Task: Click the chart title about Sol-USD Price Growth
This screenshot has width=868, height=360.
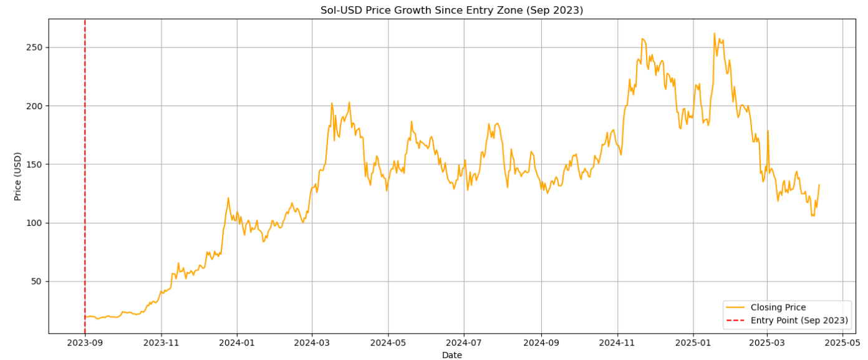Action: click(x=451, y=10)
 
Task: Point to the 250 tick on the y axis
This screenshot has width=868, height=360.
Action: click(x=36, y=47)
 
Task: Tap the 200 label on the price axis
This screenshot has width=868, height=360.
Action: click(x=36, y=106)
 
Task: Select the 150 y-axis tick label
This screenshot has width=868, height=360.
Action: click(x=36, y=164)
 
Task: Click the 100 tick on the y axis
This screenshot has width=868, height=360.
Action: click(x=36, y=223)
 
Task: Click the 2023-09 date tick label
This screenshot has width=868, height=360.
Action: click(x=85, y=342)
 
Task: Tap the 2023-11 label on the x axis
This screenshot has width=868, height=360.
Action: click(x=161, y=342)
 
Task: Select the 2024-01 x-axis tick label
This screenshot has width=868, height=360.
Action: click(x=237, y=342)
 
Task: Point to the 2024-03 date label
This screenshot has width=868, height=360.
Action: click(x=312, y=342)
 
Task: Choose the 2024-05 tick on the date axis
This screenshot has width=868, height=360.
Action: click(x=388, y=342)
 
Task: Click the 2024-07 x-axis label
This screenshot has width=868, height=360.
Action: click(x=463, y=342)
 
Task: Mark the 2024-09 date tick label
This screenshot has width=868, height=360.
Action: click(x=541, y=342)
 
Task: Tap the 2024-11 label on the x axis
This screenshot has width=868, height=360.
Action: click(x=617, y=342)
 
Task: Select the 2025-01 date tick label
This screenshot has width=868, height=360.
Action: click(x=693, y=342)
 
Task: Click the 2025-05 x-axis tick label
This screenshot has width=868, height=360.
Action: click(x=842, y=342)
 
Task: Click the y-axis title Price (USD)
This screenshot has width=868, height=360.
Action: click(x=18, y=176)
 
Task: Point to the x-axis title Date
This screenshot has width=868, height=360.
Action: click(x=451, y=354)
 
